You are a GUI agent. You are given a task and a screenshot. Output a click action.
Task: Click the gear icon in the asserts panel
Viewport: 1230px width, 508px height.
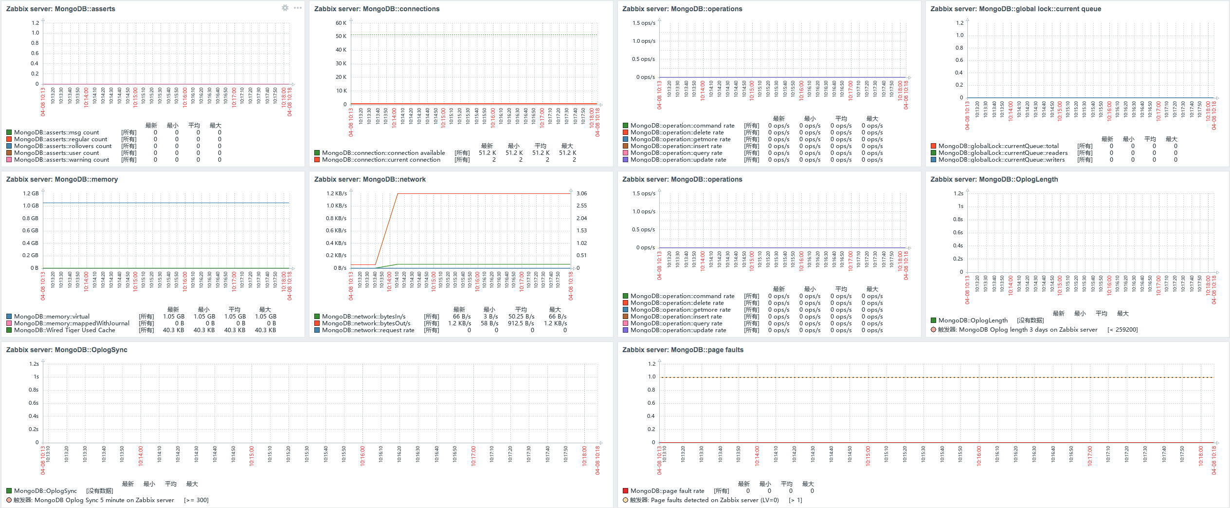285,8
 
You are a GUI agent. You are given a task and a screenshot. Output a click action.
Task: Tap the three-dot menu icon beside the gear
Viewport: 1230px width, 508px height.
298,8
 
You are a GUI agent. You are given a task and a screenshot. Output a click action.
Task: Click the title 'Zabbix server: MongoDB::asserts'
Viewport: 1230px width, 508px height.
60,9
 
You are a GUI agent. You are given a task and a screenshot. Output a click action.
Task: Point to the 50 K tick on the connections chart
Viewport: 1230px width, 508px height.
341,36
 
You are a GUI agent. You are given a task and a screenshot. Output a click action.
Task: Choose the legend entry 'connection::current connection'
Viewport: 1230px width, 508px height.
381,160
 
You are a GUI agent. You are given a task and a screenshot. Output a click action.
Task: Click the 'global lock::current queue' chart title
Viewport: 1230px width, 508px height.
1015,9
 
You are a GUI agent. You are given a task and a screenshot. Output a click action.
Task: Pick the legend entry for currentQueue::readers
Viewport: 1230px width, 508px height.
1003,153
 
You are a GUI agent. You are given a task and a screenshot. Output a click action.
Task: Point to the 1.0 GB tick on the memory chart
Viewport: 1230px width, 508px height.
31,206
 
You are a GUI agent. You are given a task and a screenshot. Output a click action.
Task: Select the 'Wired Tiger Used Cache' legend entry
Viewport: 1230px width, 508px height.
65,330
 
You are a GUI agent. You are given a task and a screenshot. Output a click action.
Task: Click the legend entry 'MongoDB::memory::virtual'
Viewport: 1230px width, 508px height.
52,317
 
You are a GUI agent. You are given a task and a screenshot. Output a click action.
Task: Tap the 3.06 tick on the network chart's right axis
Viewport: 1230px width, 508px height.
581,193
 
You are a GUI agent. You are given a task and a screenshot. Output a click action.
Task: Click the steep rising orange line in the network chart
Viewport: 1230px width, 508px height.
387,229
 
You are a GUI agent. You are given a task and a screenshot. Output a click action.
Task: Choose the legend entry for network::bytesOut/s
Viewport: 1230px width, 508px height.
366,323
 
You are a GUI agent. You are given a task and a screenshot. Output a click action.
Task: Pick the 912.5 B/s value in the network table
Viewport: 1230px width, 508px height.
521,323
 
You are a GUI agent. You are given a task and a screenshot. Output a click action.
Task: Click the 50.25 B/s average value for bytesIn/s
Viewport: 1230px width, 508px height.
521,317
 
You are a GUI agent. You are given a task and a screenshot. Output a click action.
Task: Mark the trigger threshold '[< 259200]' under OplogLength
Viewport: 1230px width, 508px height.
1122,330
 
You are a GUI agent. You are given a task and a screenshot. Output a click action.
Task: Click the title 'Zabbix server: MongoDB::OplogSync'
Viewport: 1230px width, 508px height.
67,350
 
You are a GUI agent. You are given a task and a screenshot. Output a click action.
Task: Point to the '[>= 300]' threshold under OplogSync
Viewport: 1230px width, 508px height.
196,500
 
